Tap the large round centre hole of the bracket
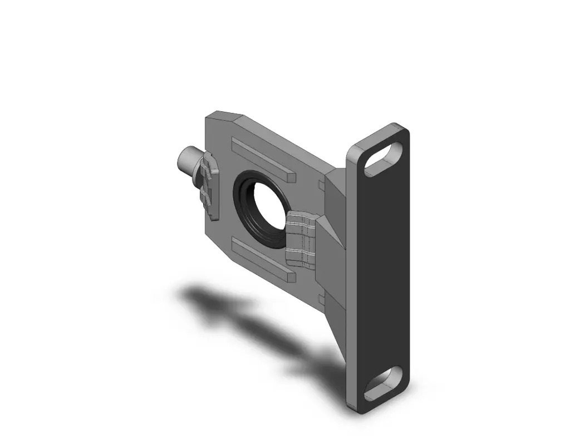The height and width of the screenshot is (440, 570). pyautogui.click(x=266, y=211)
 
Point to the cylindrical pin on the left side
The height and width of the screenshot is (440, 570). pyautogui.click(x=186, y=161)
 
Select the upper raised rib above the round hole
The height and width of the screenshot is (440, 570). pyautogui.click(x=262, y=159)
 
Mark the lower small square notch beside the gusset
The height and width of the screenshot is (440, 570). pyautogui.click(x=322, y=300)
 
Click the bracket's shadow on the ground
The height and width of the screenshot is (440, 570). pyautogui.click(x=250, y=323)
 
